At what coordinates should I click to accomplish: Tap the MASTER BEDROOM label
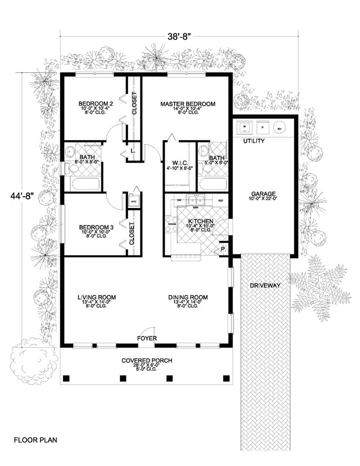click(188, 104)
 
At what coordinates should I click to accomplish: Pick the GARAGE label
click(264, 193)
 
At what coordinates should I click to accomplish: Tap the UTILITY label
click(254, 141)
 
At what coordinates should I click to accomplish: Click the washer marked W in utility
click(245, 127)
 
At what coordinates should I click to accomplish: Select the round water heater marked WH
click(280, 128)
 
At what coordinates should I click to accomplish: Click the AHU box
click(134, 201)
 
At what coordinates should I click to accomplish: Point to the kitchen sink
click(196, 200)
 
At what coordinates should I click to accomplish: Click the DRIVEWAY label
click(265, 285)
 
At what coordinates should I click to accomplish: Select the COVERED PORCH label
click(147, 361)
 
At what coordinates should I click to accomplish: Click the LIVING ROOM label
click(96, 297)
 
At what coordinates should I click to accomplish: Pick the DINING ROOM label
click(188, 297)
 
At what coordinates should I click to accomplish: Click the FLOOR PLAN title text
click(36, 439)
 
